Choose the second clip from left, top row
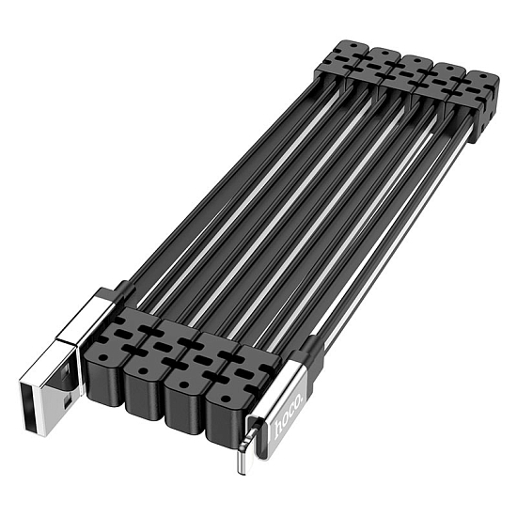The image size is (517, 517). (x=382, y=60)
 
